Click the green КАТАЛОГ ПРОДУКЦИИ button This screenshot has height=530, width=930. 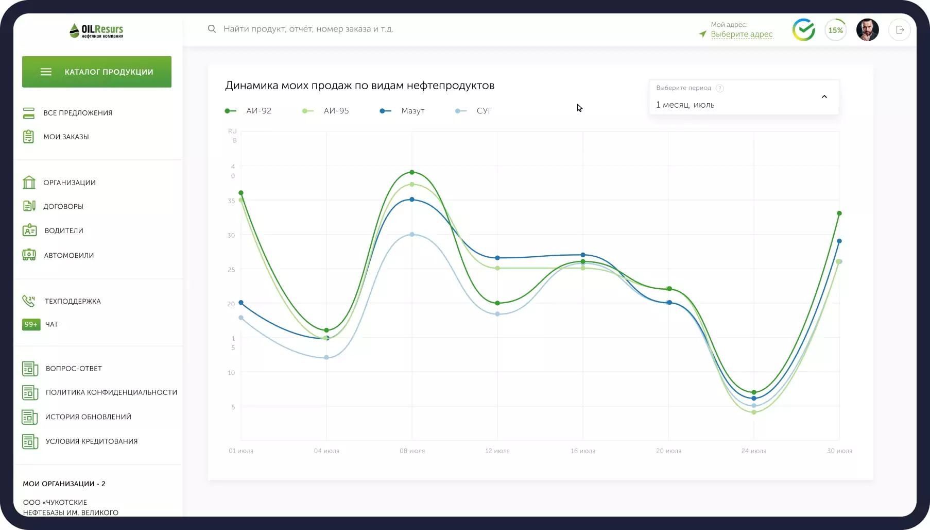[x=97, y=72]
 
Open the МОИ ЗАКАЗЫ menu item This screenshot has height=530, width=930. [x=66, y=137]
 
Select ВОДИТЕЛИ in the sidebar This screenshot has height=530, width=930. [x=64, y=230]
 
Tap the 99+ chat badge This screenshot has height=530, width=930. [x=31, y=324]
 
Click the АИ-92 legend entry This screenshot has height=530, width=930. [x=248, y=111]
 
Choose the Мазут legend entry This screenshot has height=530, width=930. [x=402, y=111]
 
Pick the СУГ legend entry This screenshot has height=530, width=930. [x=474, y=111]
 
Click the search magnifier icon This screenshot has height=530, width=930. [x=212, y=29]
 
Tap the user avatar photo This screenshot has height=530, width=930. [x=868, y=30]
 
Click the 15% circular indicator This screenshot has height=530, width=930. [x=836, y=30]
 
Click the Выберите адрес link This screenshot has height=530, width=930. [x=742, y=34]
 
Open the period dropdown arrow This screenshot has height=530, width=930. [x=824, y=96]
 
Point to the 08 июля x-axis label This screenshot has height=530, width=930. [x=412, y=451]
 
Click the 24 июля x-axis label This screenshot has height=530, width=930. [x=754, y=451]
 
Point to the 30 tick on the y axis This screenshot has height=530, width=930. [x=231, y=235]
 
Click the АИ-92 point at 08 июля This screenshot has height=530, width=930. [x=412, y=172]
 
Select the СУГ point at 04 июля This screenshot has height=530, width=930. [x=326, y=357]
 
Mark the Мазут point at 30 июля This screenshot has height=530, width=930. [x=839, y=241]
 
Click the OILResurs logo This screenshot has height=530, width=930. [x=97, y=30]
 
